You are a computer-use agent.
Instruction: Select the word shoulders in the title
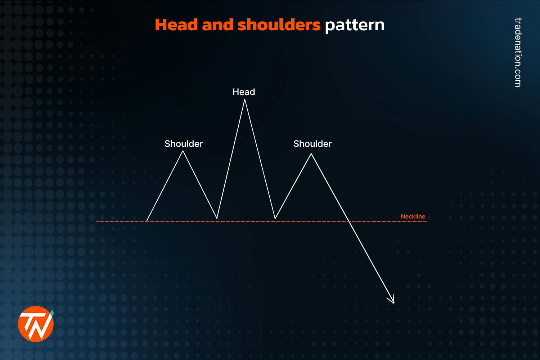tap(279, 25)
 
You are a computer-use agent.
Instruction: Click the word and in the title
tap(218, 25)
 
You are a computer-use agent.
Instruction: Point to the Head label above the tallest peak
tap(244, 92)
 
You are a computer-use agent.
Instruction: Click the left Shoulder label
tap(184, 144)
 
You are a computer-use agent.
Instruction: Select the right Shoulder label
tap(312, 144)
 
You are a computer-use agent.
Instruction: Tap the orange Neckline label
tap(413, 216)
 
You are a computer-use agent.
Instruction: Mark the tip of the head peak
tap(245, 100)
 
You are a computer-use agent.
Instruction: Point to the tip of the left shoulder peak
tap(183, 151)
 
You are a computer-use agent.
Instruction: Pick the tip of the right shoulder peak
tap(311, 154)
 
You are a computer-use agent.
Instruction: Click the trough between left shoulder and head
tap(217, 218)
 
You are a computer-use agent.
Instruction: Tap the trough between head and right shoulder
tap(275, 218)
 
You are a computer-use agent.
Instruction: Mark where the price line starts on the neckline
tap(147, 221)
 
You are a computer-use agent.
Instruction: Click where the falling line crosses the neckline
tap(349, 221)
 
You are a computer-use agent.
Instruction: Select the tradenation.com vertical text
tap(518, 52)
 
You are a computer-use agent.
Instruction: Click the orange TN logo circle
tap(36, 324)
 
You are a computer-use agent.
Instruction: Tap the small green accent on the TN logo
tap(52, 312)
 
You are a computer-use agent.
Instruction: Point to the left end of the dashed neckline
tap(97, 221)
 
